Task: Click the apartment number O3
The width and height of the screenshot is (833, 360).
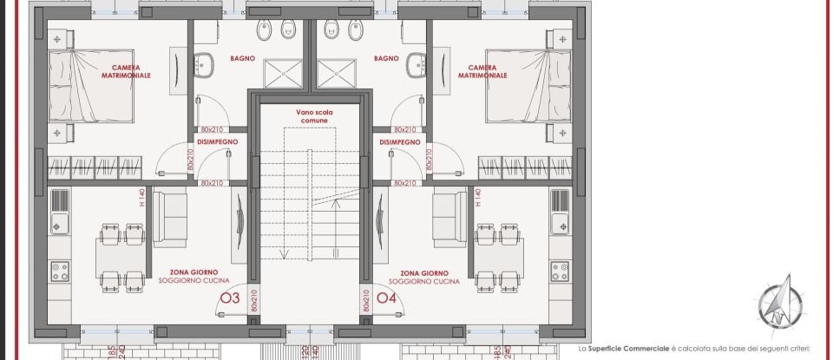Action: coord(230,298)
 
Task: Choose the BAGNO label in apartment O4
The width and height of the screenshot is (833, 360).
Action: coord(386,58)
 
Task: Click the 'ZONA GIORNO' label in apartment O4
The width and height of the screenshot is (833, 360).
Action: coord(423,272)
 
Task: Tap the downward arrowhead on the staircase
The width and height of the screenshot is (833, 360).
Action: coord(283,255)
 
